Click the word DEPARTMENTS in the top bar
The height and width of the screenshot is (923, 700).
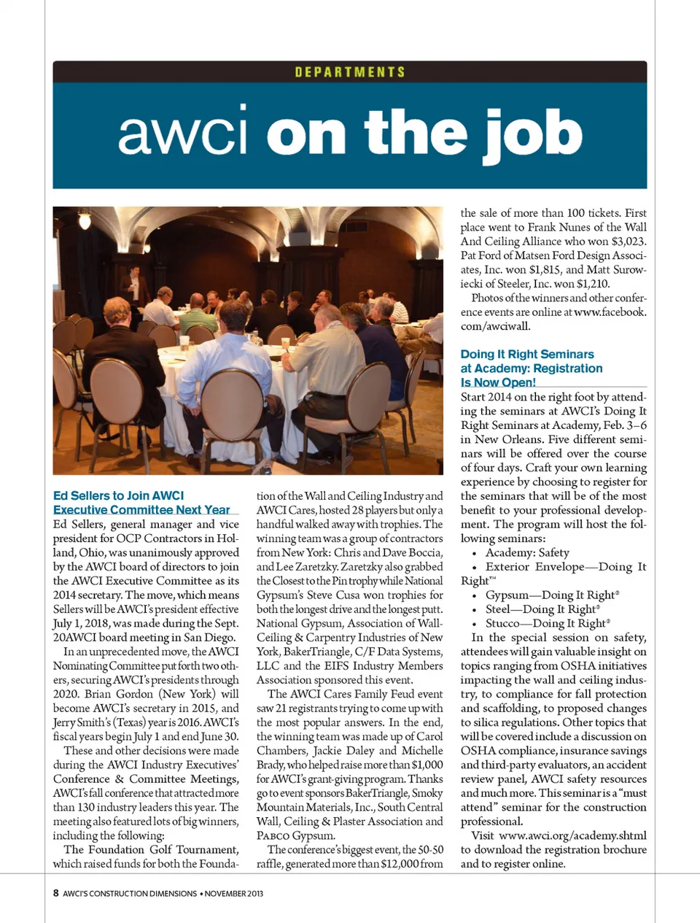pyautogui.click(x=350, y=72)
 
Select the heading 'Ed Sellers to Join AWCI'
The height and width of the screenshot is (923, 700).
pyautogui.click(x=119, y=495)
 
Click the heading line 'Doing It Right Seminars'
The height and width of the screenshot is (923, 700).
pyautogui.click(x=527, y=354)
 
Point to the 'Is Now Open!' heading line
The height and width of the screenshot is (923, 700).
pyautogui.click(x=498, y=382)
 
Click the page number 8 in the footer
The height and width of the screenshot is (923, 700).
pyautogui.click(x=56, y=893)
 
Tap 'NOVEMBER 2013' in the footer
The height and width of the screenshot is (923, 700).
pyautogui.click(x=234, y=893)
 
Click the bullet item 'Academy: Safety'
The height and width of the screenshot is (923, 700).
pyautogui.click(x=527, y=552)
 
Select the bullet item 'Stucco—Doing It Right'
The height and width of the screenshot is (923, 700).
pyautogui.click(x=545, y=623)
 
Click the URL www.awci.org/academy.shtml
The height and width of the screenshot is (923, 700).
pyautogui.click(x=572, y=835)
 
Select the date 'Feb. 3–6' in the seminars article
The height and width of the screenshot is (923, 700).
pyautogui.click(x=624, y=425)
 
